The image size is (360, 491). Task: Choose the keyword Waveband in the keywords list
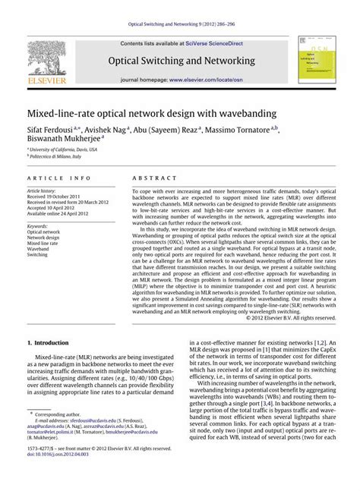click(x=39, y=248)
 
